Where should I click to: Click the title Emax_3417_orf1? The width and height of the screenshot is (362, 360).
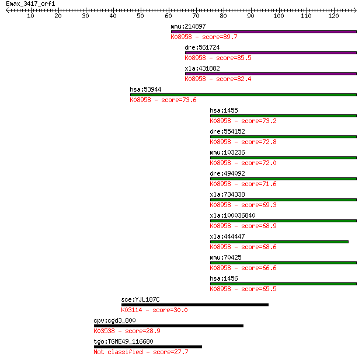[30, 4]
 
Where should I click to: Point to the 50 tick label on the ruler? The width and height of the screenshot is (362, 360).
[140, 16]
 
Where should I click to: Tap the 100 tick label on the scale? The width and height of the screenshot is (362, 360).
[279, 16]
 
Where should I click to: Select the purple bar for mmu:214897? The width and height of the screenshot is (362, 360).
[264, 32]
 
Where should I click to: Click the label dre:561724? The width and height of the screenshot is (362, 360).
[202, 47]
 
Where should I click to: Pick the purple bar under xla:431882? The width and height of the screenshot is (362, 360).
[271, 74]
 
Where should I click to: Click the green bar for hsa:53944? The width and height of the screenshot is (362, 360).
[243, 95]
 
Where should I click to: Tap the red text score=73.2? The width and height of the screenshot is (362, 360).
[259, 121]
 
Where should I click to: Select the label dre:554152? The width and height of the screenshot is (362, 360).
[227, 131]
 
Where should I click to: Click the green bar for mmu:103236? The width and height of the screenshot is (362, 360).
[284, 158]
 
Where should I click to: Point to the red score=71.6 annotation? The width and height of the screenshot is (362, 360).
[259, 184]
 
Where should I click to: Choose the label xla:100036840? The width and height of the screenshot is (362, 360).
[233, 215]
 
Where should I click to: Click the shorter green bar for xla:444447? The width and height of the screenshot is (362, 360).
[279, 242]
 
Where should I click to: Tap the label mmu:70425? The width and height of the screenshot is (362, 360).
[226, 257]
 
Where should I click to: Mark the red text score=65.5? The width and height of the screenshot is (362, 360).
[259, 289]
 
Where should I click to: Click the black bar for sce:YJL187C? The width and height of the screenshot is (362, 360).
[195, 305]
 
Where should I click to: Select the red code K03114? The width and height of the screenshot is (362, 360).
[131, 310]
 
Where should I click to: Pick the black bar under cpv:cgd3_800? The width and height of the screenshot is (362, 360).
[169, 326]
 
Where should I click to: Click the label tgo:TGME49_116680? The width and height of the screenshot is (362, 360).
[124, 341]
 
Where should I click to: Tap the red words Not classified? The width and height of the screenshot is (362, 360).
[118, 352]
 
